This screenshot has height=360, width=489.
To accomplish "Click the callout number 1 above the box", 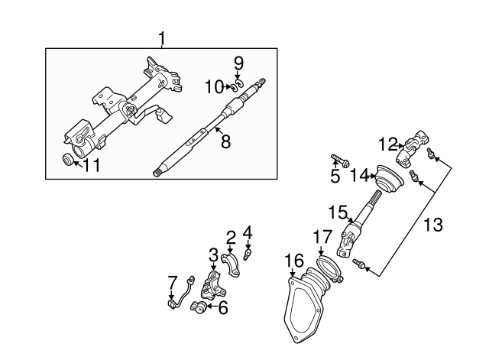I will (x=161, y=37).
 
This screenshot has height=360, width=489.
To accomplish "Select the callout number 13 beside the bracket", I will (x=432, y=225).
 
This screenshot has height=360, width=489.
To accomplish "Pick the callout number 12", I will (x=387, y=143).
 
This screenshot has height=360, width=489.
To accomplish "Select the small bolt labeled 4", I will (x=248, y=250).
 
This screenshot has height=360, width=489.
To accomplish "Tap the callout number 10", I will (x=212, y=88).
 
